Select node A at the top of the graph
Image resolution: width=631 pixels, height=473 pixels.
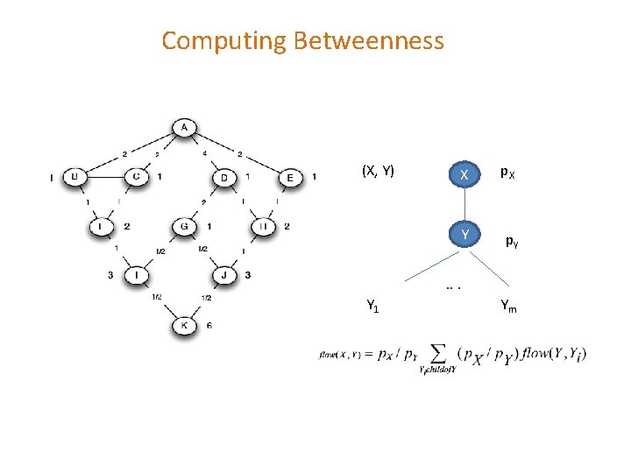(184, 128)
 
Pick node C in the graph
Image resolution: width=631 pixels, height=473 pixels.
(135, 177)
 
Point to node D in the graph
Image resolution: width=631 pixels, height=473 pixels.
(224, 178)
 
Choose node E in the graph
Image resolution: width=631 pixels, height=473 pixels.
(290, 178)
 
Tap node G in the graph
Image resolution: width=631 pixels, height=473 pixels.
(184, 227)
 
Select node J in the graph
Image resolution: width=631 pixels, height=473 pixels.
(224, 276)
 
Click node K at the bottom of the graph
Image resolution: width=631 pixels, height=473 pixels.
(184, 325)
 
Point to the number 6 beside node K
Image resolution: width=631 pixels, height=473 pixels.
(209, 326)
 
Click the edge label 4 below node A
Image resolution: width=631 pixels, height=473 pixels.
(206, 153)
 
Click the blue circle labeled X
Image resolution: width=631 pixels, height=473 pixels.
(464, 175)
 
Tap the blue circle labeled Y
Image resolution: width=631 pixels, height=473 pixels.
(464, 235)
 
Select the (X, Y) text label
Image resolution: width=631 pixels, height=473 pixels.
(379, 170)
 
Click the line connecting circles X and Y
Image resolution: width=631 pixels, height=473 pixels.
(464, 205)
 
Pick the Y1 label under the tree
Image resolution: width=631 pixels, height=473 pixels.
(372, 306)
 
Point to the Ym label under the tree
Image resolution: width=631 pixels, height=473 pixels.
(508, 306)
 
